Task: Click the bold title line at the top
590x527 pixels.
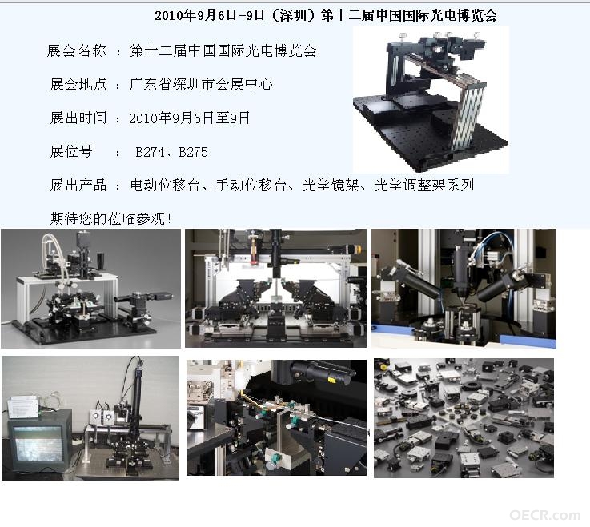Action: tap(326, 15)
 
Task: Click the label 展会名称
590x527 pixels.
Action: tap(77, 50)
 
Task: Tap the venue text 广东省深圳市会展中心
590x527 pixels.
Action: tap(201, 84)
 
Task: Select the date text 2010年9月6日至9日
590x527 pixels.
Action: tap(189, 118)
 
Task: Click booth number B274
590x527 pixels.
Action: tap(150, 152)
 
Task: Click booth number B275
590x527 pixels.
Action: tap(194, 152)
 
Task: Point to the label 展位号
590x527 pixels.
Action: tap(71, 151)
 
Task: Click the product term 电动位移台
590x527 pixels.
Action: tap(165, 185)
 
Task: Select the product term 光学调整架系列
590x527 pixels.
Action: tap(423, 185)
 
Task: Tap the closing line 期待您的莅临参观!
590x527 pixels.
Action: tap(111, 218)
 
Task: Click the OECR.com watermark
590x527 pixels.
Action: tap(545, 515)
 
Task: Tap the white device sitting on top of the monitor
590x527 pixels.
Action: tap(23, 407)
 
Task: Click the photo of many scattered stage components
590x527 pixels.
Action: tap(464, 418)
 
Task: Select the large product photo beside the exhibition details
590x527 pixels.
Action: tap(431, 100)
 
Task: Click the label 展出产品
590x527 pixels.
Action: tap(78, 185)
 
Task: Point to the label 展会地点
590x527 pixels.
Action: tap(78, 84)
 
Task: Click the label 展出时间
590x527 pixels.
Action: tap(78, 118)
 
